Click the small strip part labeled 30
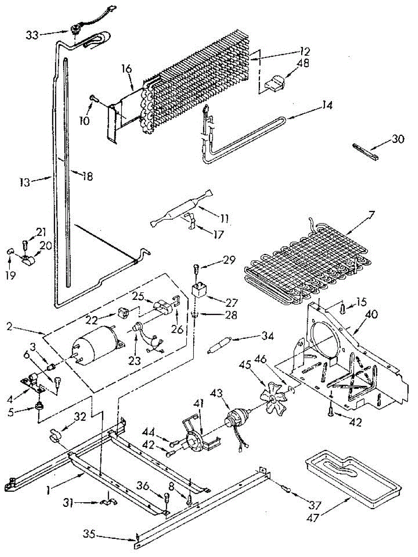367,152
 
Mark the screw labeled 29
196,268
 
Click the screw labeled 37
286,488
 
